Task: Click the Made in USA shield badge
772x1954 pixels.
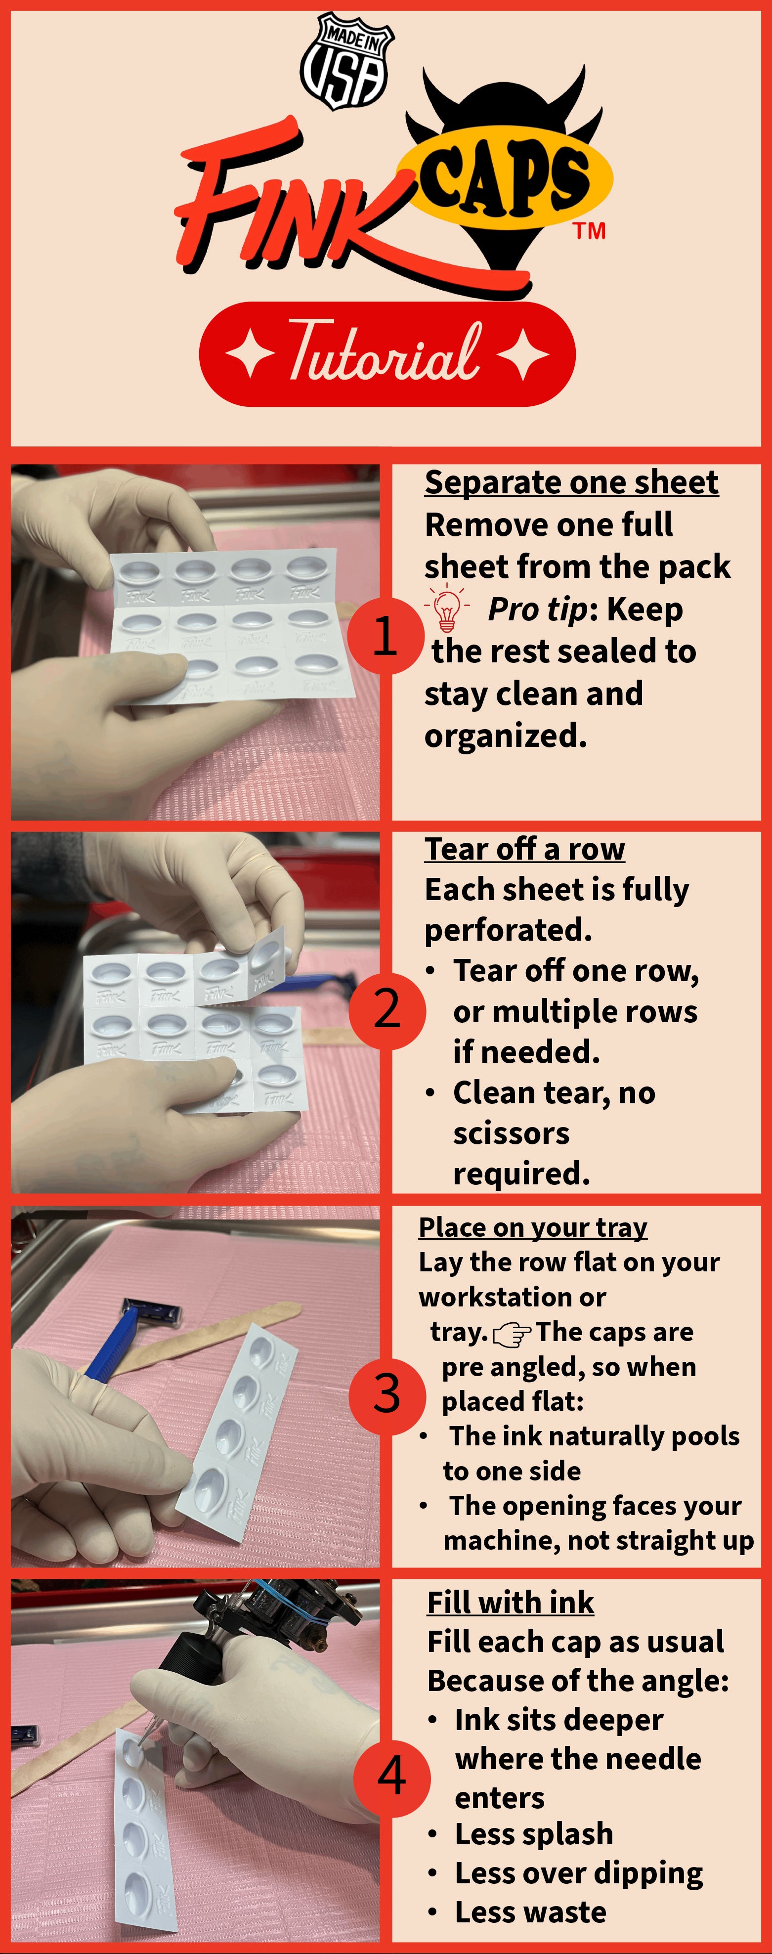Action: (346, 61)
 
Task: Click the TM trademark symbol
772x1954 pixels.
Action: (589, 231)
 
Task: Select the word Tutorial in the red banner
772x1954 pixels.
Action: (385, 351)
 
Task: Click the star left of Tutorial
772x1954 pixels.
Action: (250, 353)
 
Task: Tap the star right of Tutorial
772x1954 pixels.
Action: (523, 353)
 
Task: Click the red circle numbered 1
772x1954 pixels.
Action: (385, 636)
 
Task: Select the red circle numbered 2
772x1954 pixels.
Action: (387, 1010)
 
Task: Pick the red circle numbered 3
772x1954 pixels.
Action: (387, 1396)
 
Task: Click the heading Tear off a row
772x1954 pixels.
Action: (525, 850)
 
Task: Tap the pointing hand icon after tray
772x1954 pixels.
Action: (512, 1334)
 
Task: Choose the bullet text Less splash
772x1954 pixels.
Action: (534, 1834)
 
